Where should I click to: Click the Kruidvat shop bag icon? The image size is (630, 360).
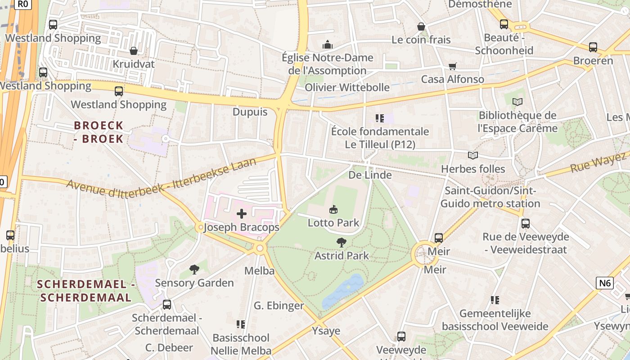click(x=133, y=51)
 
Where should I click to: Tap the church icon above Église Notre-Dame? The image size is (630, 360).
click(x=327, y=45)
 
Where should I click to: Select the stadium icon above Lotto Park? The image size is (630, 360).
click(x=333, y=209)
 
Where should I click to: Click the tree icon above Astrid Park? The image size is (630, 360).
click(x=342, y=243)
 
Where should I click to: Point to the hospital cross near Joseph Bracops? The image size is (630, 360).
click(x=242, y=214)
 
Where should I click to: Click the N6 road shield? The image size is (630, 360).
click(x=605, y=283)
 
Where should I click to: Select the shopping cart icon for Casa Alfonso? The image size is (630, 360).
click(x=453, y=66)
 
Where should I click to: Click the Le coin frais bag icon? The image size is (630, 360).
click(x=421, y=27)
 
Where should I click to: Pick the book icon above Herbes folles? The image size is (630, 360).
click(x=472, y=156)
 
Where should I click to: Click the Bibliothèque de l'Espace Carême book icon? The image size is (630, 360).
click(x=517, y=102)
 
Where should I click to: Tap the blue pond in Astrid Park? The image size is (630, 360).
click(x=344, y=290)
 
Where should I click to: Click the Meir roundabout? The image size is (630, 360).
click(x=423, y=254)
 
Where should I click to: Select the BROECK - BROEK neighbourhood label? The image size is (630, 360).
click(x=99, y=132)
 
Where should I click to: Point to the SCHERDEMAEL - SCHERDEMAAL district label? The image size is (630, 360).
click(x=86, y=291)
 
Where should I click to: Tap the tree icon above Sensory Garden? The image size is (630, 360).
click(x=194, y=270)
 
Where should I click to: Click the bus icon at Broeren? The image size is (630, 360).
click(x=593, y=47)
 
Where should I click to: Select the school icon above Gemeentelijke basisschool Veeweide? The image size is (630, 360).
click(x=495, y=300)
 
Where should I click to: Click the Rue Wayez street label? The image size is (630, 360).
click(x=598, y=163)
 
